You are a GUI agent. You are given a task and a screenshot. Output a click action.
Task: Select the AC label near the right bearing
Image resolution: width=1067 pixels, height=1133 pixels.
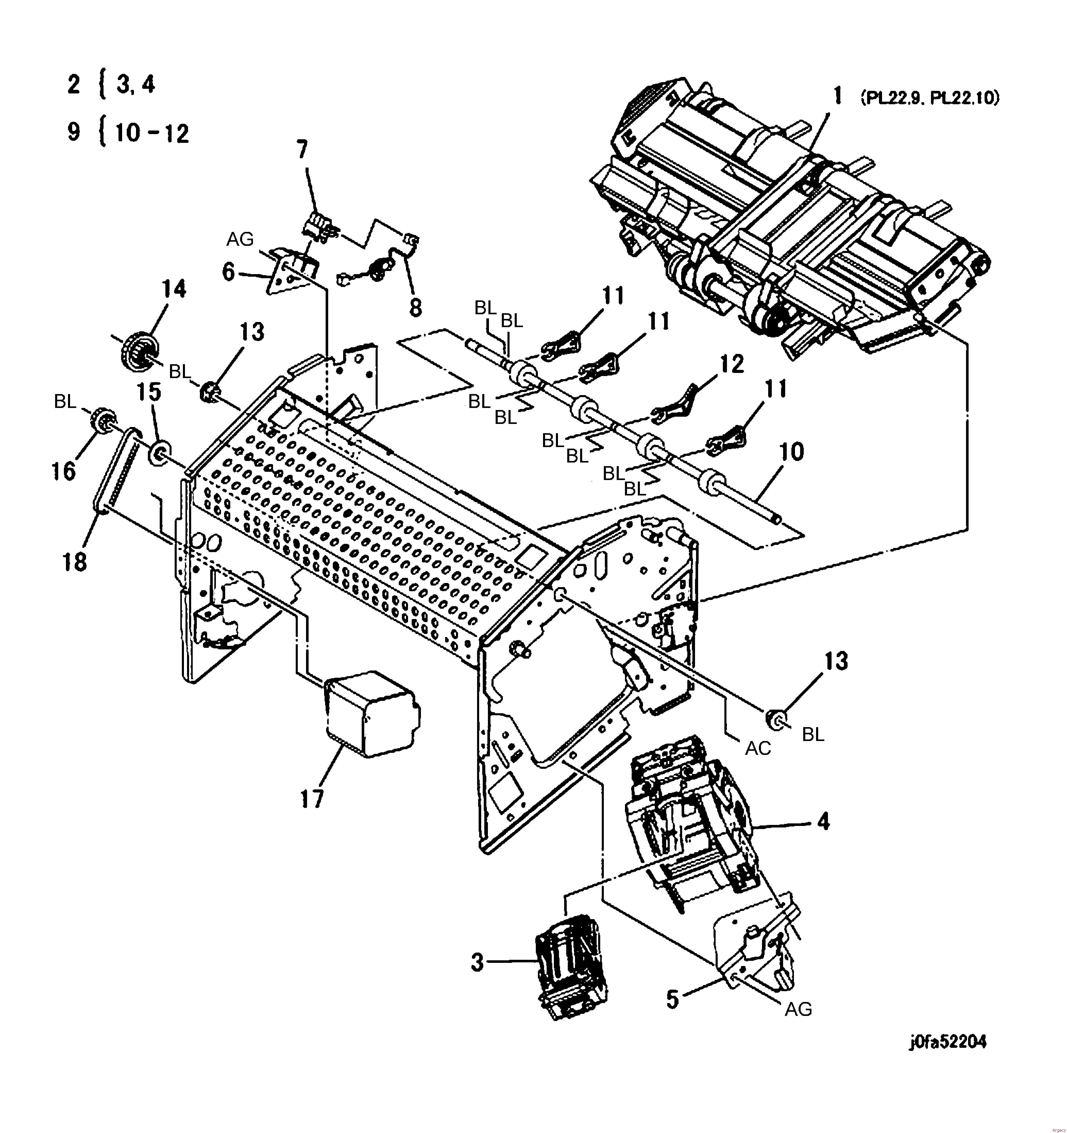click(x=758, y=748)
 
